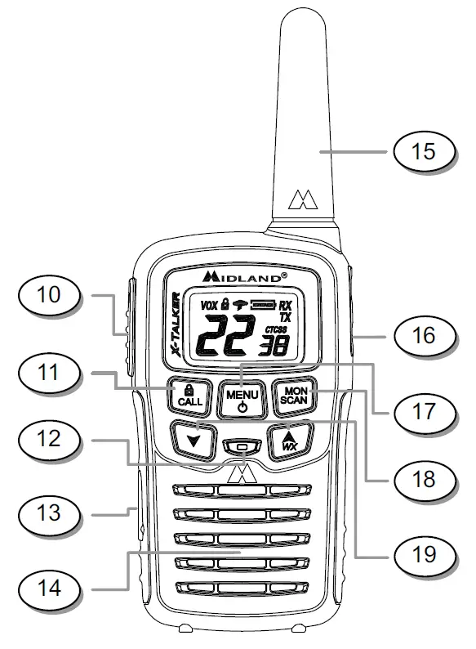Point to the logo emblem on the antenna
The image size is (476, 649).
(304, 199)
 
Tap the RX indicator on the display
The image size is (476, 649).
(285, 303)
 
